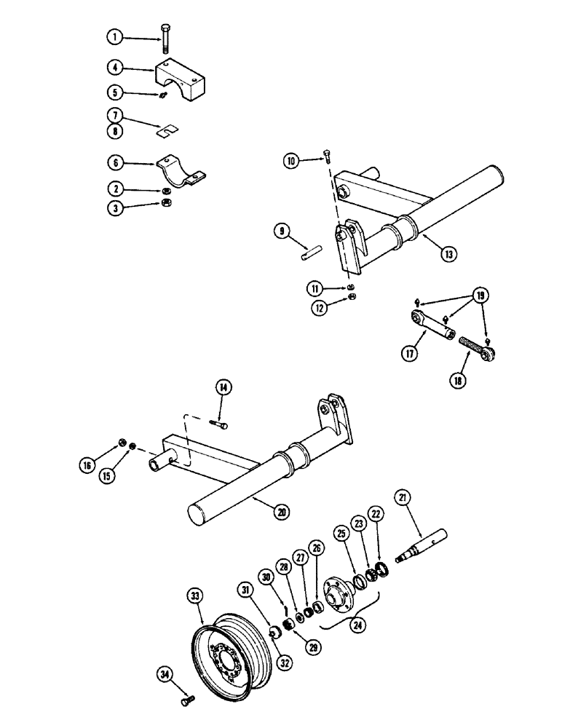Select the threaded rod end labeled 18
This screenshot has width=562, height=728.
point(476,347)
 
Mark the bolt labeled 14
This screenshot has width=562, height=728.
point(219,422)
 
